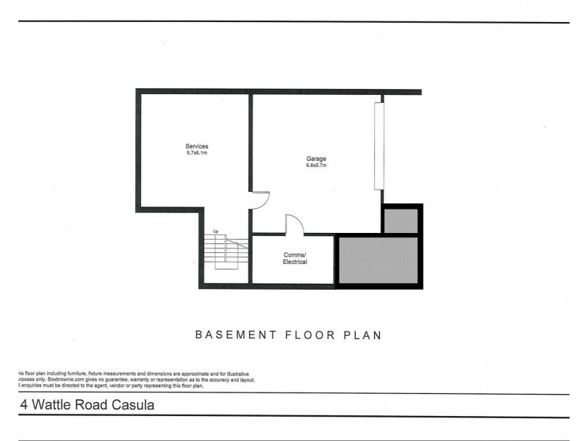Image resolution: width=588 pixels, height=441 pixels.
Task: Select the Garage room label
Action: point(316,159)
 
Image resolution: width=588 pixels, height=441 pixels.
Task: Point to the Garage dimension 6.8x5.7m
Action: point(316,165)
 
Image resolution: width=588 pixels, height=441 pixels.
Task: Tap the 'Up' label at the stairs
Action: point(215,232)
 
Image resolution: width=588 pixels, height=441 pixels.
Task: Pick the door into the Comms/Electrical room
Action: point(293,224)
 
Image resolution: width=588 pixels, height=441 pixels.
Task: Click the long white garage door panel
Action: point(379,145)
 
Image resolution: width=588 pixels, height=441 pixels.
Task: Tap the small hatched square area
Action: point(401,220)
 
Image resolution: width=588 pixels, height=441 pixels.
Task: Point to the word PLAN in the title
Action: point(362,335)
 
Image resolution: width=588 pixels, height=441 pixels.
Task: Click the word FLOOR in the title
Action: point(306,335)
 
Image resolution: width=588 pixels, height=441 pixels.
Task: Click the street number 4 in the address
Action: point(25,404)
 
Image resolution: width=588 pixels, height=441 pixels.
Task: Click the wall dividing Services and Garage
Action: point(250,140)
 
